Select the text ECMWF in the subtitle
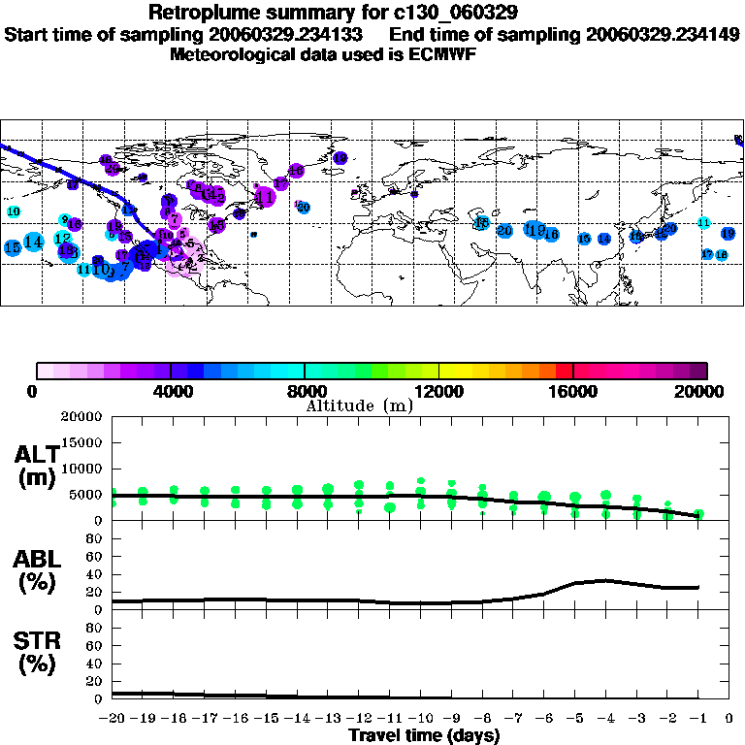pyautogui.click(x=443, y=54)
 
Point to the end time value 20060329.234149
pyautogui.click(x=663, y=34)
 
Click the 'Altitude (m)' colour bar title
pyautogui.click(x=360, y=405)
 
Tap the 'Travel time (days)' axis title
pyautogui.click(x=424, y=735)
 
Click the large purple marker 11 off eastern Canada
pyautogui.click(x=264, y=197)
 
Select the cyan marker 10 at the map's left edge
pyautogui.click(x=14, y=211)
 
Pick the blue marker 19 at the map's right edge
pyautogui.click(x=729, y=234)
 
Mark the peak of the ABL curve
pyautogui.click(x=604, y=580)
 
